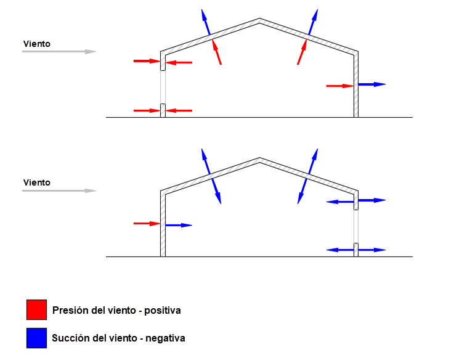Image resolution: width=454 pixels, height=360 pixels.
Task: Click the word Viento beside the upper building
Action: (37, 44)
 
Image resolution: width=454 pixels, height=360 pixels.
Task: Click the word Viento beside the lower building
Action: (37, 182)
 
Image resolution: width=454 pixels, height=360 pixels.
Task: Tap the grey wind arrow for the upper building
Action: (59, 52)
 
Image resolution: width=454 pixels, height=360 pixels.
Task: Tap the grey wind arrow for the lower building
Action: (59, 190)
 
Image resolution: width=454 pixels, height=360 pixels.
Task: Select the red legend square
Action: (36, 310)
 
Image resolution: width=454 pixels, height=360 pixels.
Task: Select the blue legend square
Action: (36, 338)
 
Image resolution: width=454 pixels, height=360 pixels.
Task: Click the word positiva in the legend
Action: (163, 311)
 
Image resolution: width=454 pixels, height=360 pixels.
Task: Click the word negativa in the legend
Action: (165, 338)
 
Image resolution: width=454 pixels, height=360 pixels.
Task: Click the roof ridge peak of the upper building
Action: (259, 18)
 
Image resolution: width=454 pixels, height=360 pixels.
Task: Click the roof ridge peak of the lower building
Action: (259, 158)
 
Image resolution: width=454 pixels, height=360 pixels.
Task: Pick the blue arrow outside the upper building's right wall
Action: (372, 84)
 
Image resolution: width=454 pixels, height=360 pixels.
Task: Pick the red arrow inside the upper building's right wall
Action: (340, 86)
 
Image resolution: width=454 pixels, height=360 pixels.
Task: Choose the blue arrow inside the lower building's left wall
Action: (179, 225)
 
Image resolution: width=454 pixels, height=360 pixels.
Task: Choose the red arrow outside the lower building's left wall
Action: (147, 224)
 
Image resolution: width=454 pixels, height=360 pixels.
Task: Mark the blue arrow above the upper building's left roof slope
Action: (206, 22)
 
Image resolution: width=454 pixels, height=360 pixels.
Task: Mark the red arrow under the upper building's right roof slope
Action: (302, 52)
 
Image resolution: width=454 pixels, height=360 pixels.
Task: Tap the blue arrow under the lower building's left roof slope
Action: (217, 191)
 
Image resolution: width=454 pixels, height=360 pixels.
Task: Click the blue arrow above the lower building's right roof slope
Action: (314, 162)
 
